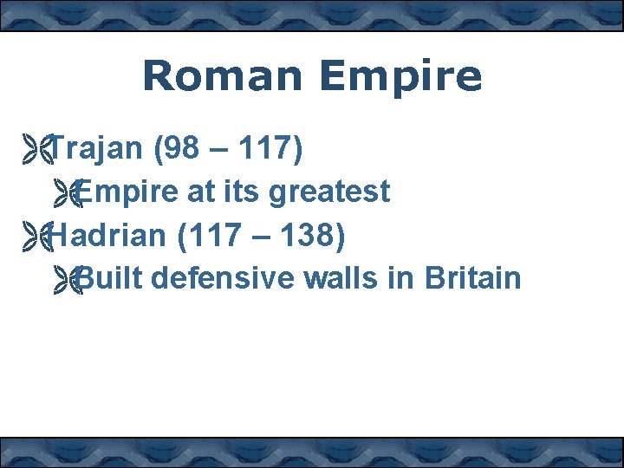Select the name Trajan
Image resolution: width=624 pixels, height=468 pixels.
click(96, 149)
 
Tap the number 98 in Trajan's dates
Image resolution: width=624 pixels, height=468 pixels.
click(181, 149)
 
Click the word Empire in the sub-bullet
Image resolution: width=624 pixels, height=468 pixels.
click(127, 192)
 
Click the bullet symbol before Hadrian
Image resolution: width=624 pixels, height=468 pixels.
click(39, 235)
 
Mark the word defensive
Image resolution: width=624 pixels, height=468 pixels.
click(227, 277)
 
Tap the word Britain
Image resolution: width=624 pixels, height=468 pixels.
click(473, 277)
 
